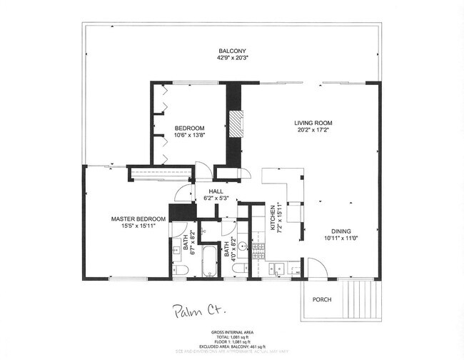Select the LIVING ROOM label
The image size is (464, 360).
click(314, 123)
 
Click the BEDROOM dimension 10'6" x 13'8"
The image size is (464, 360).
click(190, 136)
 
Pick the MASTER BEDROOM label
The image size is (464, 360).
click(138, 219)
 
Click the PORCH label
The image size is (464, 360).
click(322, 299)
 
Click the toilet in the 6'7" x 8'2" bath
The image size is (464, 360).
click(181, 269)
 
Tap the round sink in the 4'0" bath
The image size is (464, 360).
click(241, 248)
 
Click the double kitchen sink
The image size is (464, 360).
click(278, 270)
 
